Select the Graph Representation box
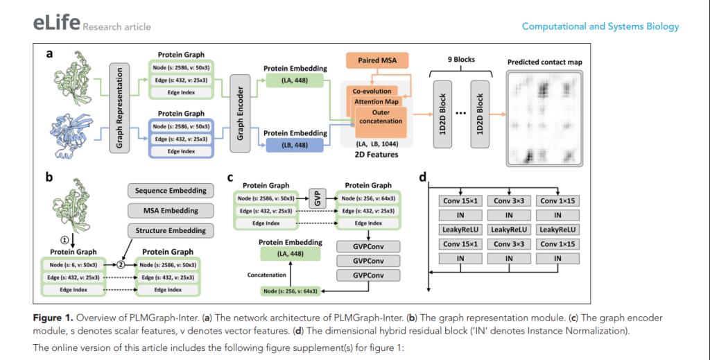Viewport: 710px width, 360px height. tap(120, 106)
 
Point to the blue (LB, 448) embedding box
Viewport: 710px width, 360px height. tap(293, 145)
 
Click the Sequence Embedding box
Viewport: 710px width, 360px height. tap(164, 189)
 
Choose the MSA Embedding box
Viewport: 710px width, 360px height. tap(164, 210)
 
